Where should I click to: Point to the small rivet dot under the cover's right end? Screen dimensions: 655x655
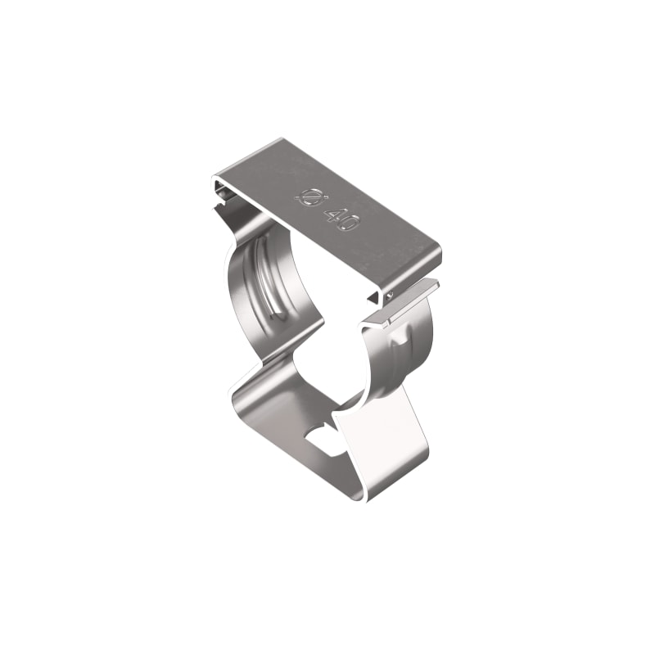390,294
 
